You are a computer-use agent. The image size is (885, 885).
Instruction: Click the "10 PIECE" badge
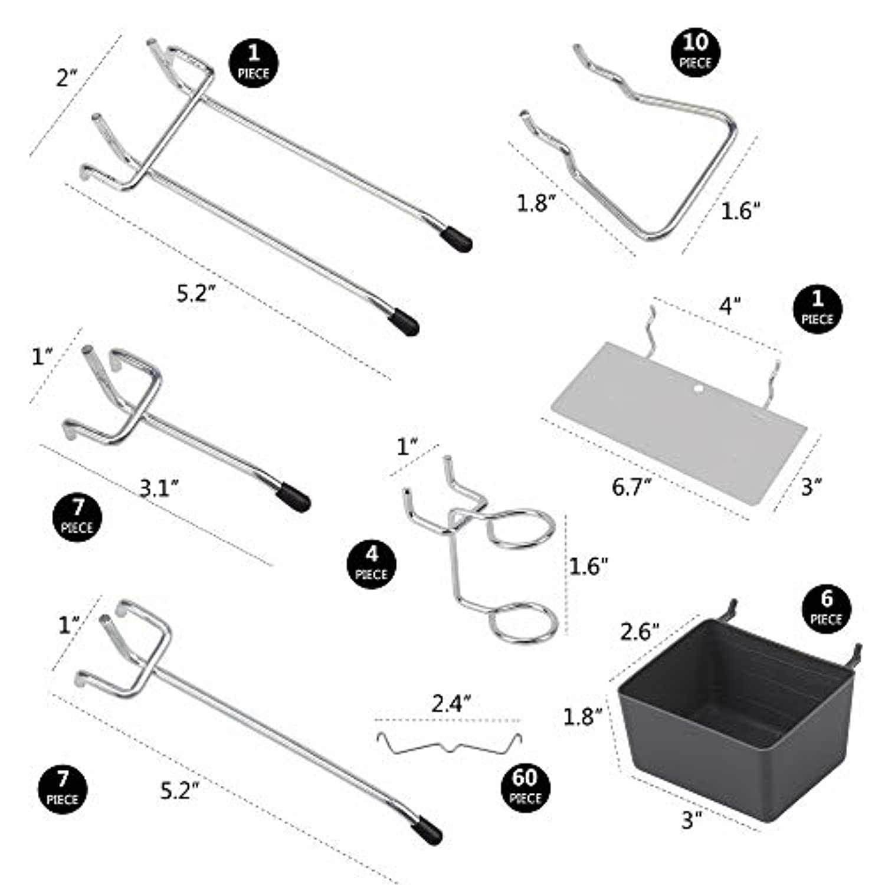[x=696, y=52]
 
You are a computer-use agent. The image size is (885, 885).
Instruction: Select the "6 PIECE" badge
[x=827, y=609]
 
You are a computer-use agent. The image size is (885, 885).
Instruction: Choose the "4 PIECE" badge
[x=371, y=564]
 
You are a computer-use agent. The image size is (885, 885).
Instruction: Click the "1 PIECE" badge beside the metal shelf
[x=817, y=309]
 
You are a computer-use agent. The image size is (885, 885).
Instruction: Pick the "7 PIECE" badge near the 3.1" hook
[x=77, y=517]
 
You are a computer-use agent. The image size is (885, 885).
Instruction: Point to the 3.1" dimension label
[x=159, y=488]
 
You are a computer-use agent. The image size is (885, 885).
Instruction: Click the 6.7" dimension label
[x=631, y=487]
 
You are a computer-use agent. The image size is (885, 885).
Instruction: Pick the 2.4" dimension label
[x=451, y=703]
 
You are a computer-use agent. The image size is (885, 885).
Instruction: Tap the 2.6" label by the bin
[x=639, y=631]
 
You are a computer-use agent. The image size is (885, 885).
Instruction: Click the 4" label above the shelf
[x=730, y=306]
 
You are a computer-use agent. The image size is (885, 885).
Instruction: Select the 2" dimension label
[x=67, y=78]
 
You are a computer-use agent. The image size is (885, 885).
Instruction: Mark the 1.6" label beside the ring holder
[x=588, y=566]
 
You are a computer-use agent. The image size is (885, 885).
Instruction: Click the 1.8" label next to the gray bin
[x=582, y=716]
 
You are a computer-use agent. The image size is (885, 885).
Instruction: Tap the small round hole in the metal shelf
[x=699, y=389]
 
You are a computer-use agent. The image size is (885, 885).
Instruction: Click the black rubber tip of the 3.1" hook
[x=294, y=497]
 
